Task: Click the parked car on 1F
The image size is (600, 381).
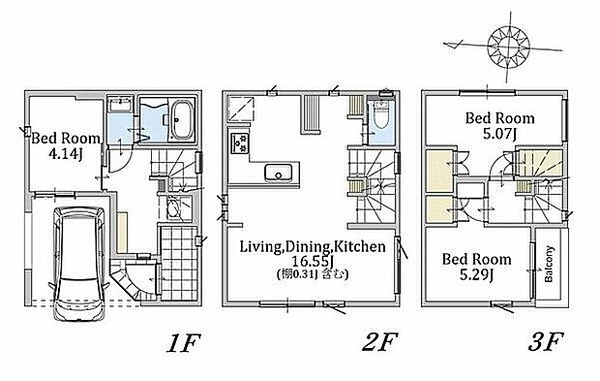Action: tap(78, 264)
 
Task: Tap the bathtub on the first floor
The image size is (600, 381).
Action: tap(181, 121)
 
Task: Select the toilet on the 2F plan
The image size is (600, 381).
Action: tap(380, 114)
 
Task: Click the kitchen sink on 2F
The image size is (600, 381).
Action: tap(278, 173)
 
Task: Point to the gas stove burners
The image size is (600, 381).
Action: tap(240, 143)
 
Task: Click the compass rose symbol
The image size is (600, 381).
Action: tap(508, 48)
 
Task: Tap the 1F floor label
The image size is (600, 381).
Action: tap(184, 342)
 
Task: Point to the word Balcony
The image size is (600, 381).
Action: tap(549, 264)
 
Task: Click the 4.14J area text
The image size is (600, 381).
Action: tap(66, 154)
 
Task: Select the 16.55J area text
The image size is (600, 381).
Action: tap(313, 262)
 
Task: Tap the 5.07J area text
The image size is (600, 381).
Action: tap(500, 134)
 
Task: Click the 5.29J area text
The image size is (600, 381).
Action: tap(476, 274)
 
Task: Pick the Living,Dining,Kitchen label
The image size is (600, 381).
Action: tap(313, 246)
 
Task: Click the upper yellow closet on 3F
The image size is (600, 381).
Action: tap(439, 171)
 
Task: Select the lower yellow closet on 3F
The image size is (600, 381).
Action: tap(439, 209)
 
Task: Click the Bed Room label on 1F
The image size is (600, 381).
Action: tap(66, 138)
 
